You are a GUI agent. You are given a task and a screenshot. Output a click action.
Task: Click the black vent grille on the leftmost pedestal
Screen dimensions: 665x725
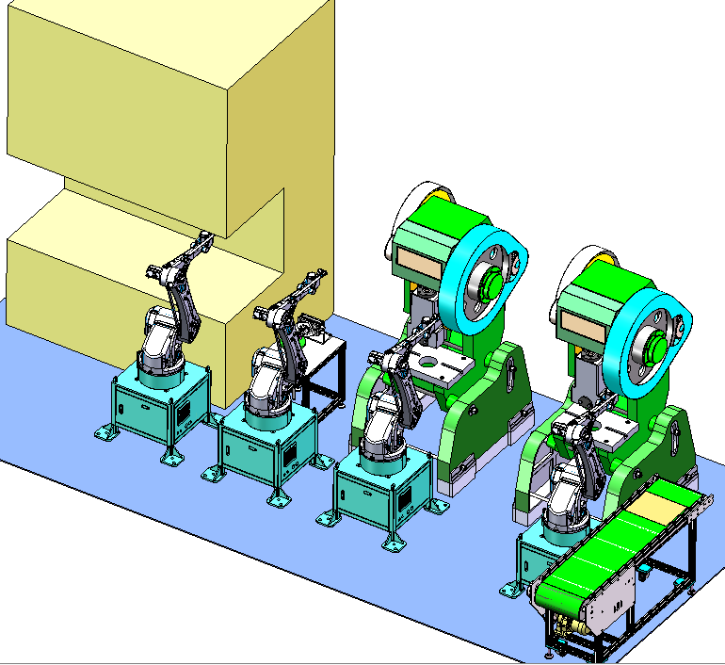185,411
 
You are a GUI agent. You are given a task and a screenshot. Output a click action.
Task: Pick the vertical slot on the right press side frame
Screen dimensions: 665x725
675,439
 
